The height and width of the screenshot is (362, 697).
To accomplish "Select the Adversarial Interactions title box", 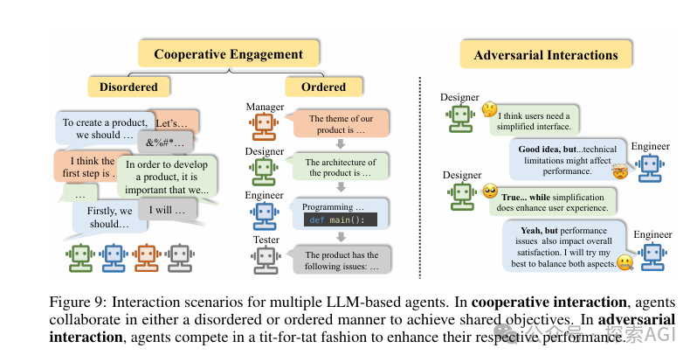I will pyautogui.click(x=545, y=55).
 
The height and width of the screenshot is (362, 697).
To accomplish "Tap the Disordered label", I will pyautogui.click(x=128, y=87).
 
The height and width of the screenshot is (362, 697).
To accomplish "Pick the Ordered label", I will pyautogui.click(x=322, y=87).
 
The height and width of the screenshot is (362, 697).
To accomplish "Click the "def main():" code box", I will pyautogui.click(x=342, y=219).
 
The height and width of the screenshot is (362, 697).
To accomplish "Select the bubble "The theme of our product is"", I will pyautogui.click(x=341, y=123).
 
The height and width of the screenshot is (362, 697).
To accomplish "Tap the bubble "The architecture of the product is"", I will pyautogui.click(x=341, y=167).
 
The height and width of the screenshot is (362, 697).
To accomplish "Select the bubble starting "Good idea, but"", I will pyautogui.click(x=568, y=157).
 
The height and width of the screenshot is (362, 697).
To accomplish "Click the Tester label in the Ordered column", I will pyautogui.click(x=266, y=240).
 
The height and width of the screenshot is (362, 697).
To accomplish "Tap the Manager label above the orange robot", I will pyautogui.click(x=265, y=107).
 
